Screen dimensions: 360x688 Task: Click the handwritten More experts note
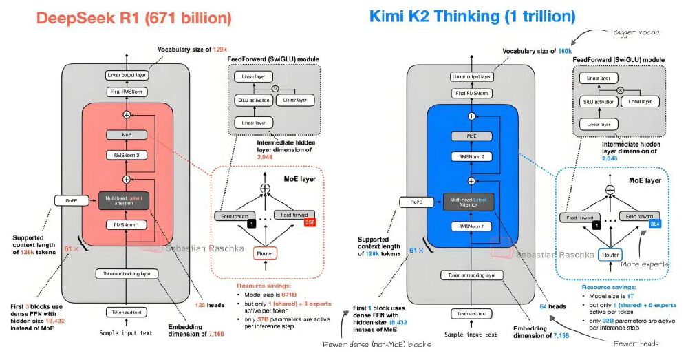645,263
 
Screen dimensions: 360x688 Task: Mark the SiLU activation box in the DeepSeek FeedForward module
250,100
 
